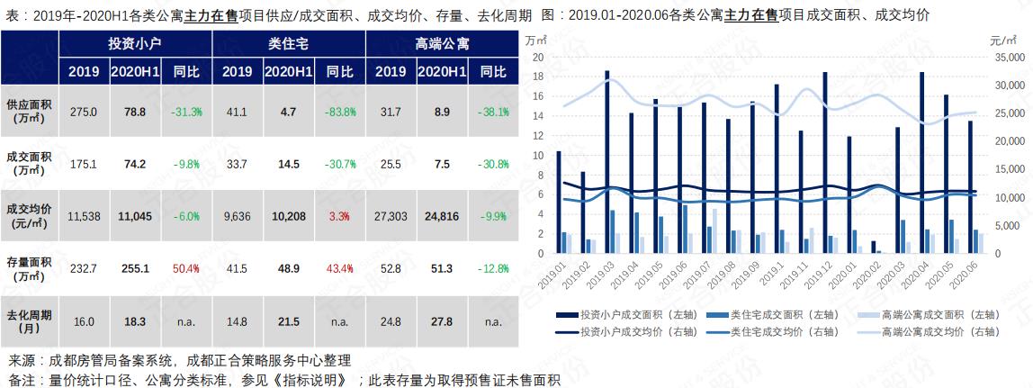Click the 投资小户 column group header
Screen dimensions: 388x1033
point(134,43)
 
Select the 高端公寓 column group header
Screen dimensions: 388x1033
point(442,43)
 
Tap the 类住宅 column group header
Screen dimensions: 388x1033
point(288,43)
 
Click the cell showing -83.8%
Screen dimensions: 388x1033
point(339,113)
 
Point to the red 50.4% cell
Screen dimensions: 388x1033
point(186,268)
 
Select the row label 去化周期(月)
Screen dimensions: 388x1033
point(30,320)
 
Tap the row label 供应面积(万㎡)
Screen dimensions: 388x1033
point(30,112)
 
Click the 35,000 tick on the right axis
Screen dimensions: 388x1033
point(1006,57)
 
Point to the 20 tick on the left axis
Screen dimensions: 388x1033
point(538,57)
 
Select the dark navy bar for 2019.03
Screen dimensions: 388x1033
point(607,162)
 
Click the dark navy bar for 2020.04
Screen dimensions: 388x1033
point(921,162)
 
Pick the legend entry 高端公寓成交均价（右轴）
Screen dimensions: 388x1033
point(936,331)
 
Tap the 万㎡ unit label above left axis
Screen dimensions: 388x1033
point(537,41)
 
